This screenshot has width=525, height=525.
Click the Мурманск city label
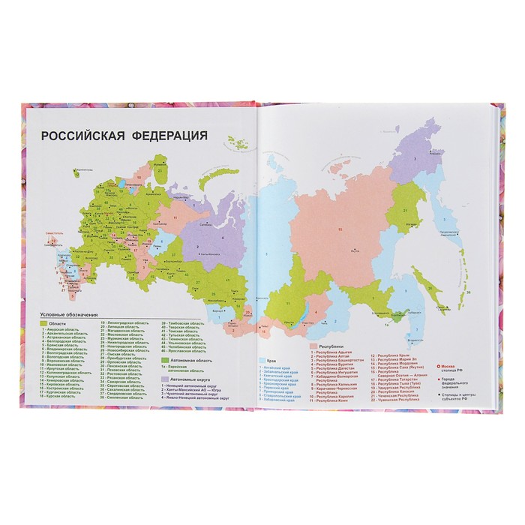point(154,160)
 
